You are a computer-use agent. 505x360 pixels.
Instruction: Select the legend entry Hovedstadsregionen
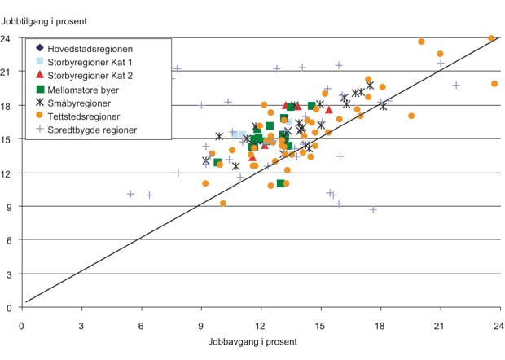click(x=90, y=49)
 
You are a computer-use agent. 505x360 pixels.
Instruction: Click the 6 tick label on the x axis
click(x=141, y=323)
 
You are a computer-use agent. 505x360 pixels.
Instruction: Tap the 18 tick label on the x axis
click(x=380, y=323)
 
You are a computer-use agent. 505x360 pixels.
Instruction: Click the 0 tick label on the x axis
click(x=21, y=323)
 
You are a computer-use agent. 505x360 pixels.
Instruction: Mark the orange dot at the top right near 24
click(x=491, y=38)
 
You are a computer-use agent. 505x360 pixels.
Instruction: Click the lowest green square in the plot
click(x=281, y=183)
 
